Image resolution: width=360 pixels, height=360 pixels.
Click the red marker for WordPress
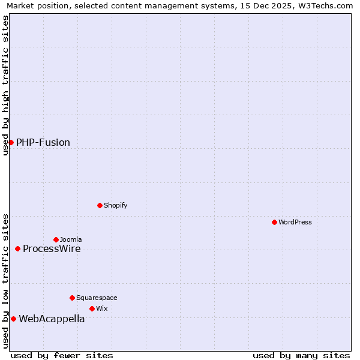[x=274, y=222]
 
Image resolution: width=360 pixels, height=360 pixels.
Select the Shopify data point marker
[x=100, y=205]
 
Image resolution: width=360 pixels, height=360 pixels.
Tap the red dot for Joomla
[x=56, y=239]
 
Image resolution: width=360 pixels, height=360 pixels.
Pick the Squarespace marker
[x=72, y=298]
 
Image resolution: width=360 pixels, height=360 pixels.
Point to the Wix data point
[x=92, y=308]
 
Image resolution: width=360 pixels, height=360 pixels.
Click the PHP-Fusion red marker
[x=11, y=142]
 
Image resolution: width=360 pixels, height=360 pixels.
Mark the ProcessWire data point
[x=17, y=248]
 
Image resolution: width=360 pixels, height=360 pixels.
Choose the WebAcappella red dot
[x=13, y=319]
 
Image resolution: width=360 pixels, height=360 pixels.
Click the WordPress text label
[x=295, y=222]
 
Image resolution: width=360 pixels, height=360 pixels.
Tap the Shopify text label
[x=116, y=205]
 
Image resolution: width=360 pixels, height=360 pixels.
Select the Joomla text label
[x=71, y=239]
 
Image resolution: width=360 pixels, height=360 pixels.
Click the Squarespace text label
[x=97, y=298]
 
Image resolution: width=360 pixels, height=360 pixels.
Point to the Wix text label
[x=102, y=308]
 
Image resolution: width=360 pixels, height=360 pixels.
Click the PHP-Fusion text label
[x=43, y=142]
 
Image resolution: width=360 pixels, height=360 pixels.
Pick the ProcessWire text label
[x=52, y=248]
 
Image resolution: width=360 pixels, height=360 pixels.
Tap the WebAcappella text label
[x=52, y=319]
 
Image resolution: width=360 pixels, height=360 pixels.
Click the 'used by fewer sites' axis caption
[x=62, y=355]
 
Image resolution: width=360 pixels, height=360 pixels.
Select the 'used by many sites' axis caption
[x=301, y=355]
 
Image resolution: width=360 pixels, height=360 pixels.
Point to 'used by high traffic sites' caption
[x=5, y=85]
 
